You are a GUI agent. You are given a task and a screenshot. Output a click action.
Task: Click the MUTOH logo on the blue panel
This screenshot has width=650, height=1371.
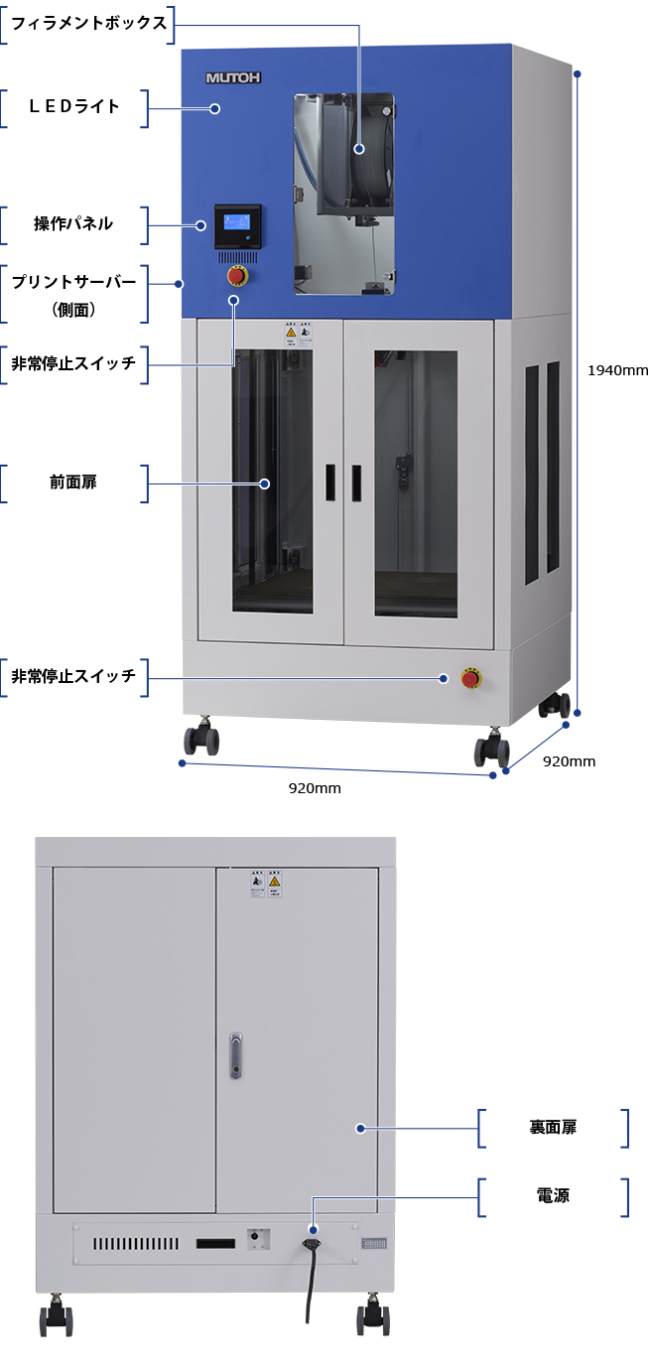(233, 76)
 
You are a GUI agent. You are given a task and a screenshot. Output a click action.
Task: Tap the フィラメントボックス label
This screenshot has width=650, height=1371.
(88, 23)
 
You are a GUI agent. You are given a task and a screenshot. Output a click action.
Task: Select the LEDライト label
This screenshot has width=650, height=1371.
(74, 107)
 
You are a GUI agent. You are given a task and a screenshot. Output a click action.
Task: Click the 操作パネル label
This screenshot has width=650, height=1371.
(74, 224)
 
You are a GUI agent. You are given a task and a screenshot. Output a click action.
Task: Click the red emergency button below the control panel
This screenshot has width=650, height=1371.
(238, 275)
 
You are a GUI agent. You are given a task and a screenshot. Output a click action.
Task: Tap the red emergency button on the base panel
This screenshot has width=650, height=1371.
(470, 679)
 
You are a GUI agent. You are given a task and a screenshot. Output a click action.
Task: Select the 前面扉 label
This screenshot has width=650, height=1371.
(74, 483)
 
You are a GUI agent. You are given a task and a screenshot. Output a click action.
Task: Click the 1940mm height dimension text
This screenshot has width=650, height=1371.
(617, 370)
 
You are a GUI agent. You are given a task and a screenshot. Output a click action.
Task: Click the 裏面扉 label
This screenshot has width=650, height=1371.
(553, 1128)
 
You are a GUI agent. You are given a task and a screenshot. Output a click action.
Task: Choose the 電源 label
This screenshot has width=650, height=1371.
(553, 1196)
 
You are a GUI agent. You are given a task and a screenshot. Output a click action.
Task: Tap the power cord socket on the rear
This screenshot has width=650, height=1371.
(313, 1241)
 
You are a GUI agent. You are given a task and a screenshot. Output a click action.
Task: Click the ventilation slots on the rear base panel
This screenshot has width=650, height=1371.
(136, 1244)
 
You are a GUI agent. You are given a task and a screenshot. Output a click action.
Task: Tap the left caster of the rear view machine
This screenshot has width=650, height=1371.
(55, 1317)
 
